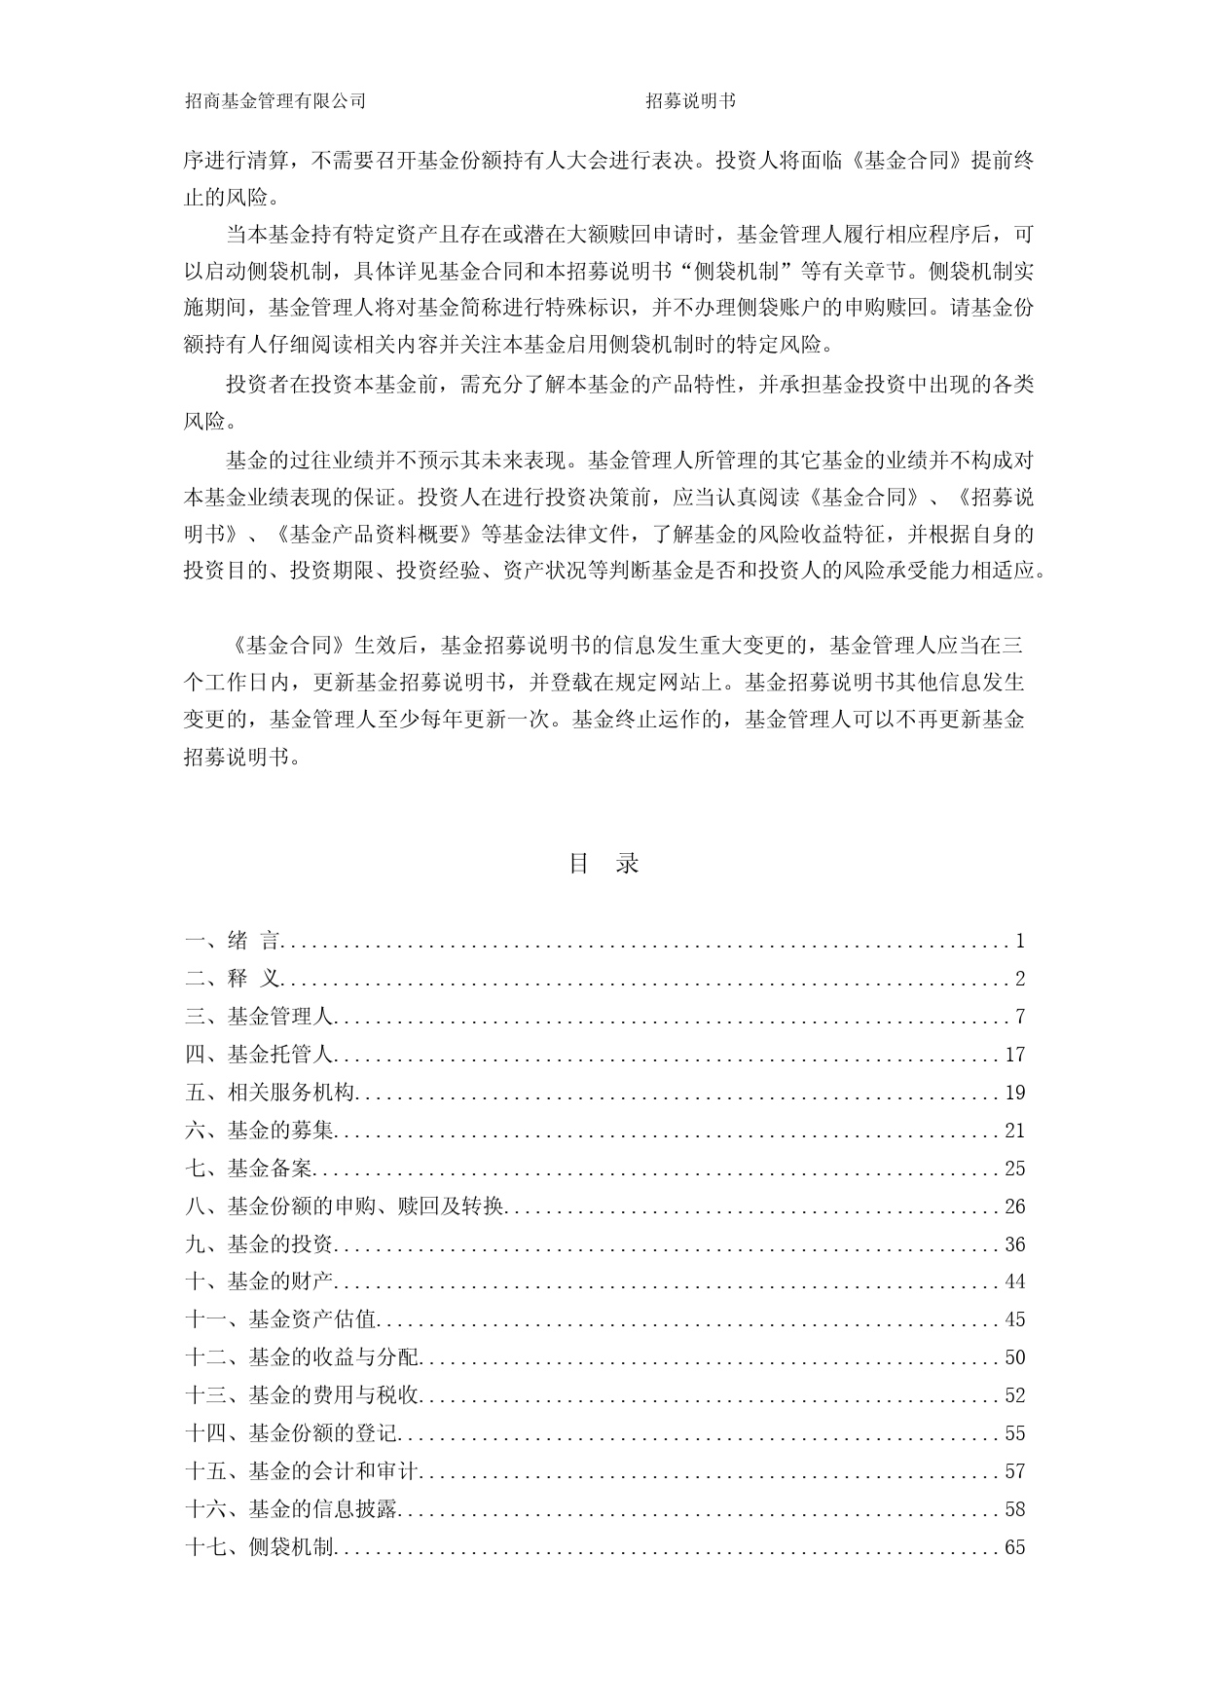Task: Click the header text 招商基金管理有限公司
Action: pyautogui.click(x=275, y=100)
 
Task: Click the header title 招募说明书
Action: pyautogui.click(x=691, y=100)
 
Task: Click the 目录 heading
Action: pyautogui.click(x=603, y=864)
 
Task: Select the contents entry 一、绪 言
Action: pyautogui.click(x=234, y=941)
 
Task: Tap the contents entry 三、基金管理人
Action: pyautogui.click(x=260, y=1017)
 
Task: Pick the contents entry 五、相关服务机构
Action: pyautogui.click(x=271, y=1093)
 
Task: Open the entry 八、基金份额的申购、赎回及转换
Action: pyautogui.click(x=345, y=1207)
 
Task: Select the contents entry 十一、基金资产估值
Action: pyautogui.click(x=281, y=1319)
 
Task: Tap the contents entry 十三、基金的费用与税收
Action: pyautogui.click(x=303, y=1395)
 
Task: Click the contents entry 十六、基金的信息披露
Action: pyautogui.click(x=292, y=1509)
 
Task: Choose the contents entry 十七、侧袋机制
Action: pyautogui.click(x=260, y=1547)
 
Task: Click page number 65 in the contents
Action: pyautogui.click(x=1015, y=1547)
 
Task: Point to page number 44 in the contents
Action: pyautogui.click(x=1015, y=1282)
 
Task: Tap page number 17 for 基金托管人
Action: pyautogui.click(x=1015, y=1055)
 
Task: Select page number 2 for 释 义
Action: pyautogui.click(x=1020, y=979)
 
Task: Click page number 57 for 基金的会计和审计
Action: pyautogui.click(x=1015, y=1471)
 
